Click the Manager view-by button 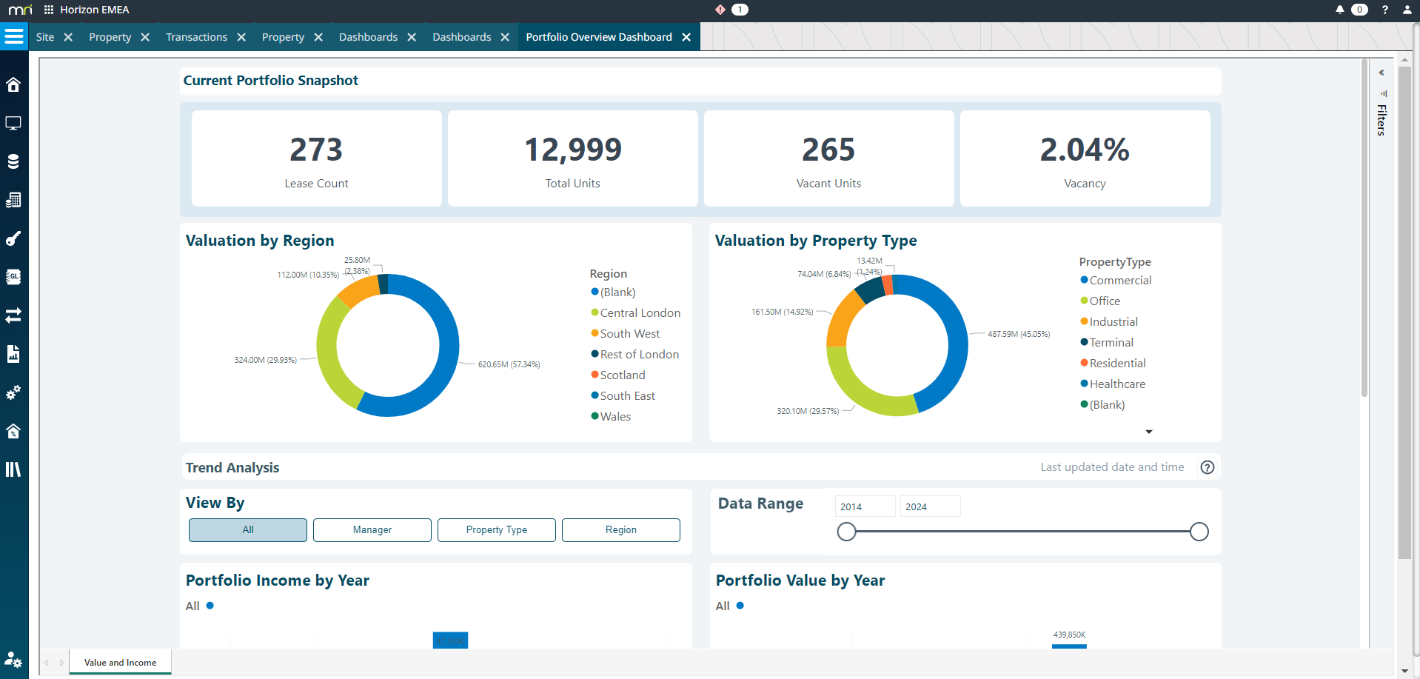pyautogui.click(x=372, y=530)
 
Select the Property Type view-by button pyautogui.click(x=496, y=530)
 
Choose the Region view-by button pyautogui.click(x=620, y=530)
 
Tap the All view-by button pyautogui.click(x=247, y=530)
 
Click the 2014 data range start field pyautogui.click(x=864, y=506)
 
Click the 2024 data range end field pyautogui.click(x=929, y=506)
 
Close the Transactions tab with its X pyautogui.click(x=241, y=37)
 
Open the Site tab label pyautogui.click(x=45, y=37)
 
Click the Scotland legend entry pyautogui.click(x=622, y=375)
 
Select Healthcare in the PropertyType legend pyautogui.click(x=1116, y=384)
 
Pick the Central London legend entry pyautogui.click(x=640, y=313)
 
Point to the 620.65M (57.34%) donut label pyautogui.click(x=509, y=364)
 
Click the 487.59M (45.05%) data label pyautogui.click(x=1018, y=334)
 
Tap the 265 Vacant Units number pyautogui.click(x=828, y=150)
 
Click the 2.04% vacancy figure pyautogui.click(x=1084, y=150)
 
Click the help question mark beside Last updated pyautogui.click(x=1207, y=467)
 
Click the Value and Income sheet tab pyautogui.click(x=120, y=663)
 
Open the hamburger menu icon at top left pyautogui.click(x=14, y=36)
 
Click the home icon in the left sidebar pyautogui.click(x=13, y=84)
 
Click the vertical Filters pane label pyautogui.click(x=1382, y=119)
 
